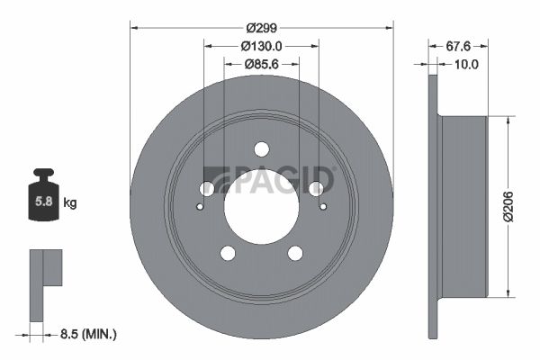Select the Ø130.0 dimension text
(262, 45)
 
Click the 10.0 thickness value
(465, 64)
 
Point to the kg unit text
(70, 203)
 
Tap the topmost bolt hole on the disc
(262, 148)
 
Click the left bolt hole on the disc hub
(207, 188)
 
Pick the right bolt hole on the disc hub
(316, 188)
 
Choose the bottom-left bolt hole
(228, 253)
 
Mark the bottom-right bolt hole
(295, 253)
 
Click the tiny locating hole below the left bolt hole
(200, 205)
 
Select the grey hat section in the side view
(463, 206)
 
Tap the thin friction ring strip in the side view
(432, 205)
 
